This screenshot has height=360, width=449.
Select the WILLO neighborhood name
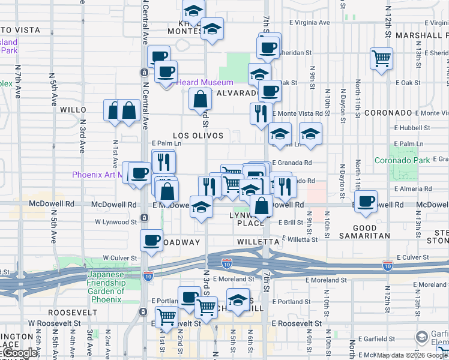74,110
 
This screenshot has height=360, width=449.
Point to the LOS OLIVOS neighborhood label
198,136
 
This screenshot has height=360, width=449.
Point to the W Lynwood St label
116,222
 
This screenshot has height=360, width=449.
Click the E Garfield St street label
377,338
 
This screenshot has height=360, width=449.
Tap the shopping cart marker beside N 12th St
381,58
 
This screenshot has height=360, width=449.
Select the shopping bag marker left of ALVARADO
200,99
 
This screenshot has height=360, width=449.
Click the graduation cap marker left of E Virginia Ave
212,28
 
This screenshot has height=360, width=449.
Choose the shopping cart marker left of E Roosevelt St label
166,316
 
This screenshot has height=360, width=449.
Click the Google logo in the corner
20,353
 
